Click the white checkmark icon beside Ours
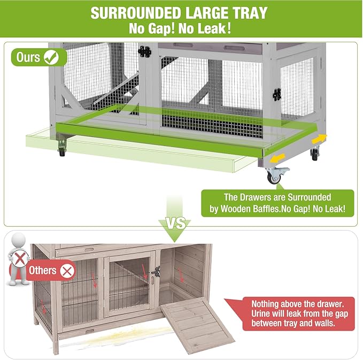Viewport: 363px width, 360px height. pyautogui.click(x=51, y=56)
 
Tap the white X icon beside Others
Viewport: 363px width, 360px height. pyautogui.click(x=67, y=270)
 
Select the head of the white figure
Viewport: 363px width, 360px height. pyautogui.click(x=18, y=240)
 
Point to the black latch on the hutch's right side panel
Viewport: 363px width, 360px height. pyautogui.click(x=277, y=95)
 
